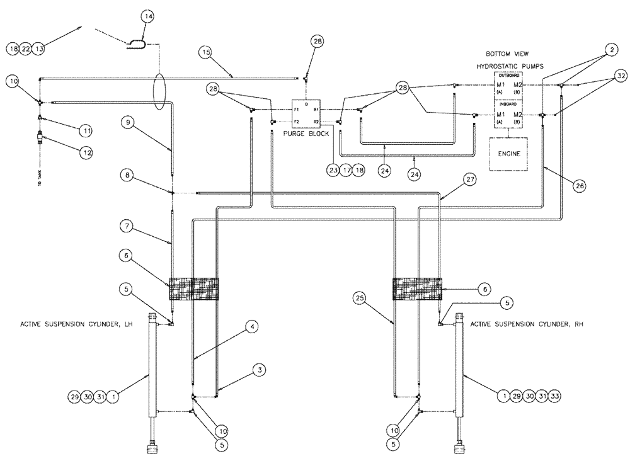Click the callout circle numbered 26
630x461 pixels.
click(x=578, y=185)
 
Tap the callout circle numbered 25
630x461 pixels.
click(x=360, y=296)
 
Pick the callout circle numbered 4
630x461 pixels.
click(x=251, y=326)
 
